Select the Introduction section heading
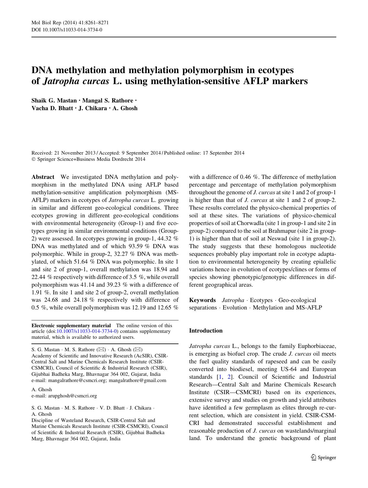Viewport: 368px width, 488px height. [205, 331]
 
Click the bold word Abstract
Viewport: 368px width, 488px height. [43, 177]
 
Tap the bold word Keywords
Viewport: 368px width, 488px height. [202, 300]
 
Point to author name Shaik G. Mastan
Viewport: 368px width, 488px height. [54, 100]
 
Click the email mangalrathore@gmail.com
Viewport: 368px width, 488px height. [137, 380]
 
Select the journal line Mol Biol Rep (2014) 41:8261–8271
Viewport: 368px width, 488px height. [68, 23]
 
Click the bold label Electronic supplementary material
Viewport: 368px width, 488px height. [71, 325]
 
